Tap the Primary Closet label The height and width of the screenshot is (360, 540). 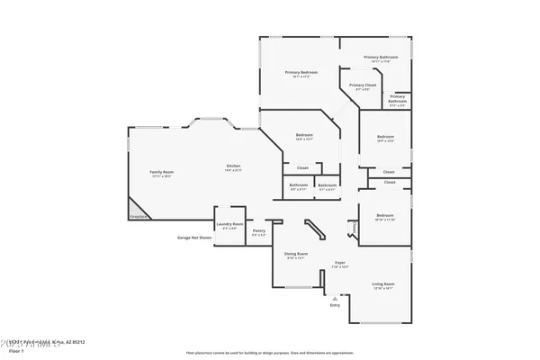tap(363, 85)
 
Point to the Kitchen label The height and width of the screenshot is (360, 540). tap(233, 166)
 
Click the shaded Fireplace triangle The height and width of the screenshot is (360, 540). tap(136, 209)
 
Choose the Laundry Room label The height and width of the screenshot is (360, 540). tap(229, 224)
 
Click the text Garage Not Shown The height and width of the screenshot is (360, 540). tap(193, 238)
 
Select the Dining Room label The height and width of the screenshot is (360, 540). tap(296, 254)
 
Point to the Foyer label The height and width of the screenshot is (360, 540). tap(339, 263)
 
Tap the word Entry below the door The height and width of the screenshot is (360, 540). tap(335, 305)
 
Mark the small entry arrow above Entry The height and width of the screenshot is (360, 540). tap(335, 296)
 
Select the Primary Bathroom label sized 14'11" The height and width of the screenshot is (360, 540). tap(381, 57)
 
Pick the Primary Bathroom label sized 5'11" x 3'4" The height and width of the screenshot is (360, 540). tap(398, 98)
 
